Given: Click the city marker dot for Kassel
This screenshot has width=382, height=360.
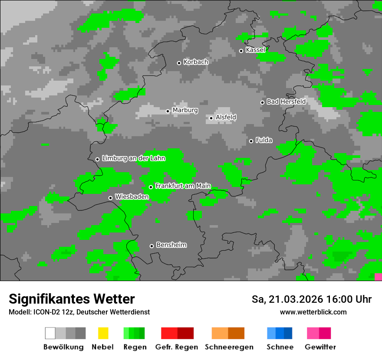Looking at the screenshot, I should [x=241, y=51].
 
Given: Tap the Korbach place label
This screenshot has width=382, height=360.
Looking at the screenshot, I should [x=196, y=62].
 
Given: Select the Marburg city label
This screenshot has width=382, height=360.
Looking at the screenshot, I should [x=185, y=110].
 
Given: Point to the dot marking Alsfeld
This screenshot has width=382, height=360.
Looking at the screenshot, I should [x=211, y=118].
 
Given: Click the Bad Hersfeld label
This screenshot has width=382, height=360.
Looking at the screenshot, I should [x=286, y=101].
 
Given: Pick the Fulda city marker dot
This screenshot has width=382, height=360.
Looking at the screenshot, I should [x=251, y=141].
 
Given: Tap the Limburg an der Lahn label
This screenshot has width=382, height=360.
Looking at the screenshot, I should [x=133, y=158].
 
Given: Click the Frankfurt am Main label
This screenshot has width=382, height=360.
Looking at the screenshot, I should [x=183, y=186].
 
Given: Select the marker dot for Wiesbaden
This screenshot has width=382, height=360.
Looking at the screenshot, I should [x=110, y=198].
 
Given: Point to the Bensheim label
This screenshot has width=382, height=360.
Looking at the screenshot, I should [x=171, y=245].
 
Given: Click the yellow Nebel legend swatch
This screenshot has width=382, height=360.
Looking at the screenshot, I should [x=103, y=333].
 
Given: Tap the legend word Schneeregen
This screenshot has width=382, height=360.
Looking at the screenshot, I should [x=229, y=347].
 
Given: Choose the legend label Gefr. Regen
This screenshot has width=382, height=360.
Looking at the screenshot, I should [x=176, y=347].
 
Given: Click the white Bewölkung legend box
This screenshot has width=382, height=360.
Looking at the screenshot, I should [x=50, y=333].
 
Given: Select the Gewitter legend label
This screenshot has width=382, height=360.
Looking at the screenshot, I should [x=320, y=347].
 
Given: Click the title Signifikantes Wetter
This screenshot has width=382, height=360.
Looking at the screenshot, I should [x=72, y=299].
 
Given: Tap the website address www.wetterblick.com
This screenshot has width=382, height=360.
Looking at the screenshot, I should [x=313, y=312].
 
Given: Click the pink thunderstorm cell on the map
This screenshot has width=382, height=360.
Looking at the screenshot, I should [x=378, y=277].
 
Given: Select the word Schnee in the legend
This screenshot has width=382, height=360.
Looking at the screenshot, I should [x=280, y=347].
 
